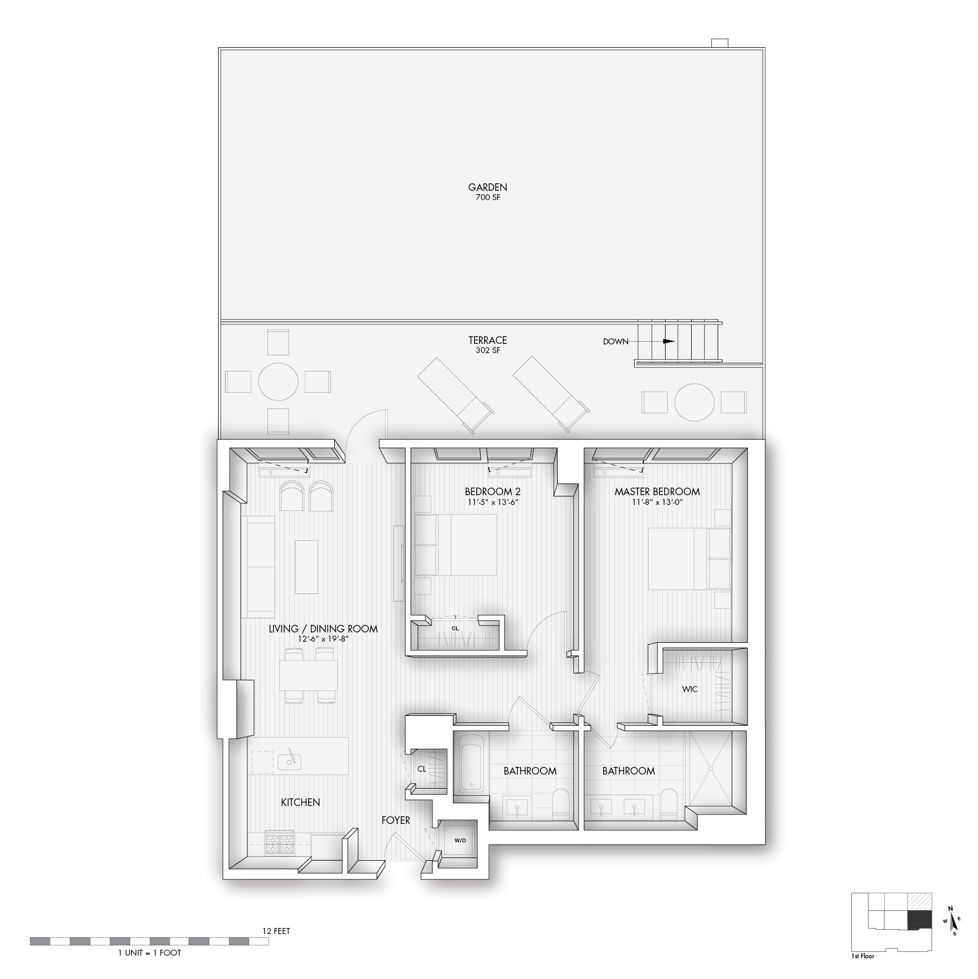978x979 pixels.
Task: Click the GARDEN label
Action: click(488, 188)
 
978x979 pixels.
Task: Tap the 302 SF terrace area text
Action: click(488, 350)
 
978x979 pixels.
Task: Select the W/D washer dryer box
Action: click(459, 840)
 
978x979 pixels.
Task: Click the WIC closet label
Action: click(690, 689)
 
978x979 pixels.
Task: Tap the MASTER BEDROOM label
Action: click(657, 492)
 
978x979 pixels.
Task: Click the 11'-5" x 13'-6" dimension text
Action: click(493, 502)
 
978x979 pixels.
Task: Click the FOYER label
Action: click(395, 821)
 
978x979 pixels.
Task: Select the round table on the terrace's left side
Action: click(278, 382)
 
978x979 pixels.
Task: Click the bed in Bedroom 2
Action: click(456, 545)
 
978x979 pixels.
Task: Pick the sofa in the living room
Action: click(258, 567)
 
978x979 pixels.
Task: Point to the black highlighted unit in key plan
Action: click(920, 920)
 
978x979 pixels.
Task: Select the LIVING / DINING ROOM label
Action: click(323, 629)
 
